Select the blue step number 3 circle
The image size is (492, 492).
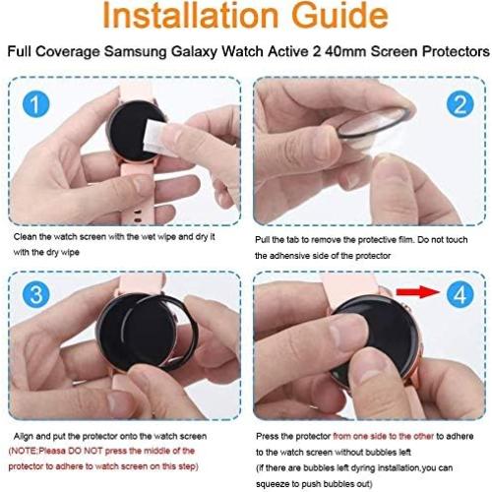pos(35,293)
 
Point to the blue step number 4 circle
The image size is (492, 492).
pos(459,293)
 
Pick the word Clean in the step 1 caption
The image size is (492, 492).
pos(26,237)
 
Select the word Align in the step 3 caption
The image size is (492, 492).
pos(28,433)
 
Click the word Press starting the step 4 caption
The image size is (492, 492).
pos(270,433)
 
